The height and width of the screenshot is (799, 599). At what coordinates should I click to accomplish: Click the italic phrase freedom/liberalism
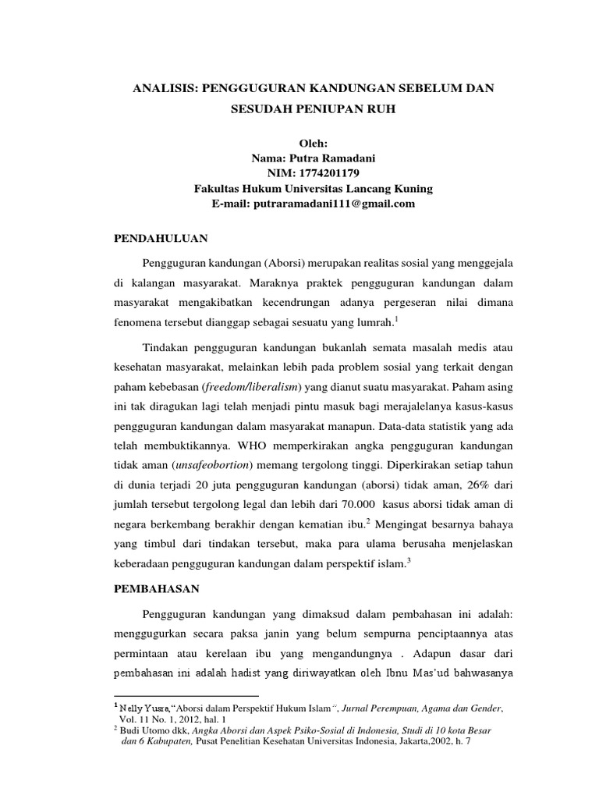[243, 387]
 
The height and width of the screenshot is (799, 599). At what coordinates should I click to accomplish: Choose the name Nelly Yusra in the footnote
[140, 708]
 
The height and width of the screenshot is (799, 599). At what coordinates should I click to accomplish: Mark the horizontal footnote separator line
[186, 695]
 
